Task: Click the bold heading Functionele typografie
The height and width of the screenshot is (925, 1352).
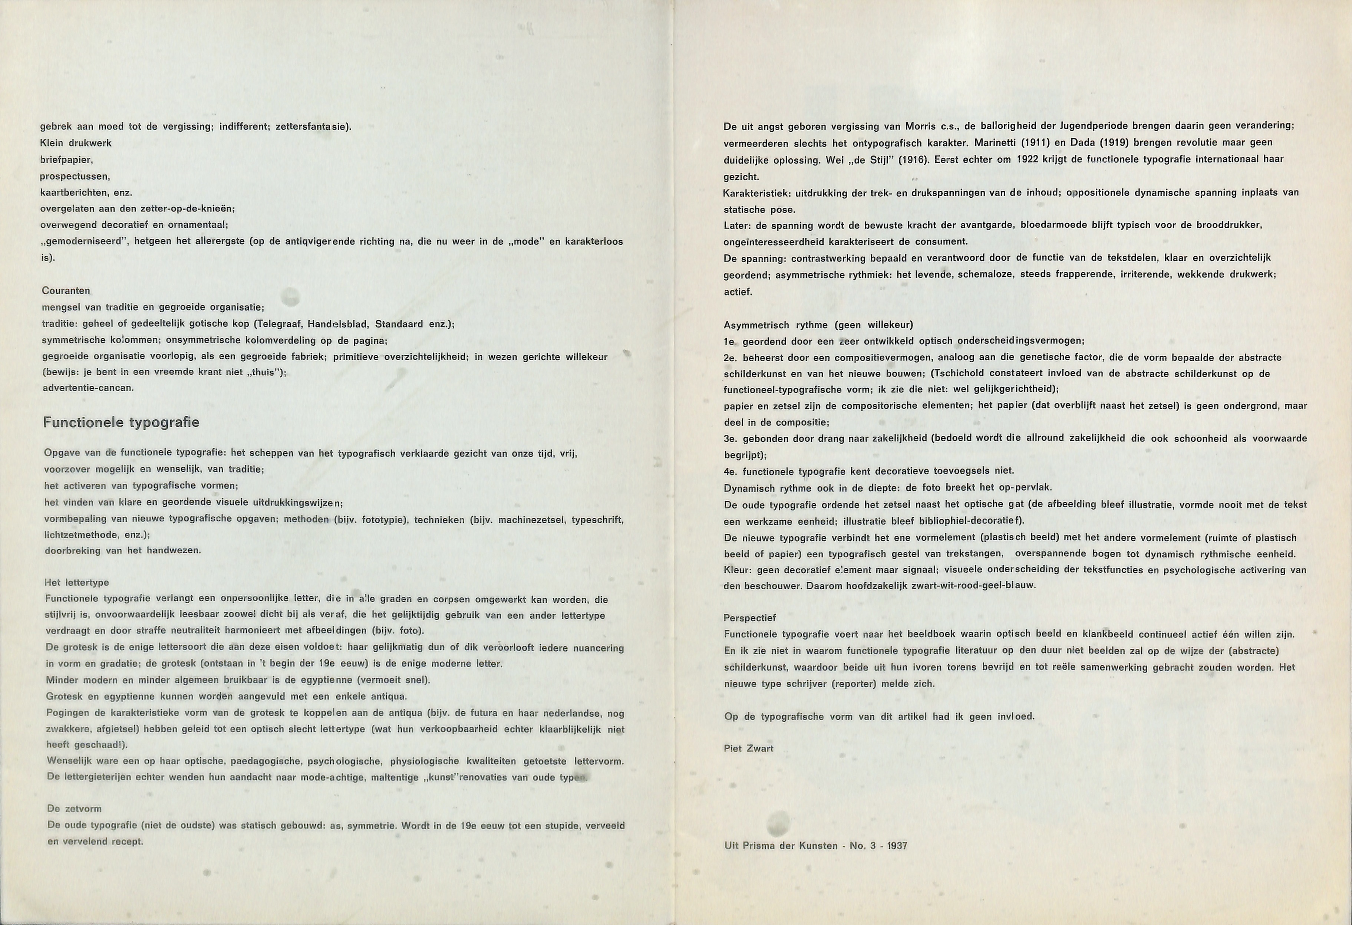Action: pyautogui.click(x=121, y=422)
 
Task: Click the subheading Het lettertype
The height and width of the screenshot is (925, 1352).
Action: pyautogui.click(x=77, y=582)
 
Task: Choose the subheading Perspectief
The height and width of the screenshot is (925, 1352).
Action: pyautogui.click(x=749, y=618)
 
